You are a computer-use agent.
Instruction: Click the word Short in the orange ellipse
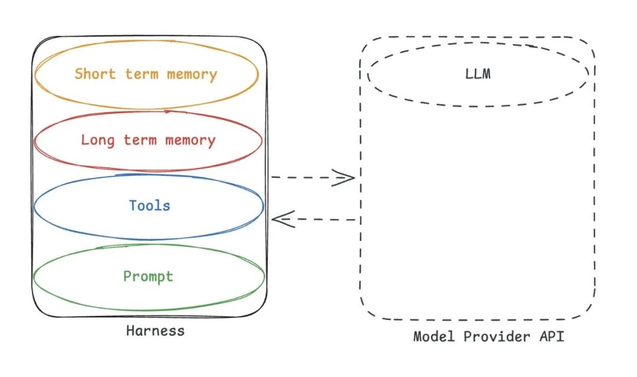[x=96, y=74]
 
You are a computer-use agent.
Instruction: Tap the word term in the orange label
[x=142, y=74]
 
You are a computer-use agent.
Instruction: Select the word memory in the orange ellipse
[x=192, y=75]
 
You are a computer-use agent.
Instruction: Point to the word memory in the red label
[x=191, y=140]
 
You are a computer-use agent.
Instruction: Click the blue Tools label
[x=150, y=206]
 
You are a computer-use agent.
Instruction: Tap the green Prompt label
[x=148, y=277]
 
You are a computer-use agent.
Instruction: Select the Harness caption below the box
[x=155, y=330]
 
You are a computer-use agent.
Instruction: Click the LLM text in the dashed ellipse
[x=478, y=75]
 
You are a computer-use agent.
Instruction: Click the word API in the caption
[x=552, y=337]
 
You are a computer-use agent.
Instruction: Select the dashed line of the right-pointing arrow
[x=304, y=177]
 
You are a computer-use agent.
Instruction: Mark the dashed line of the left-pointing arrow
[x=324, y=220]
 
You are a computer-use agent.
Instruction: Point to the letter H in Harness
[x=130, y=330]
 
